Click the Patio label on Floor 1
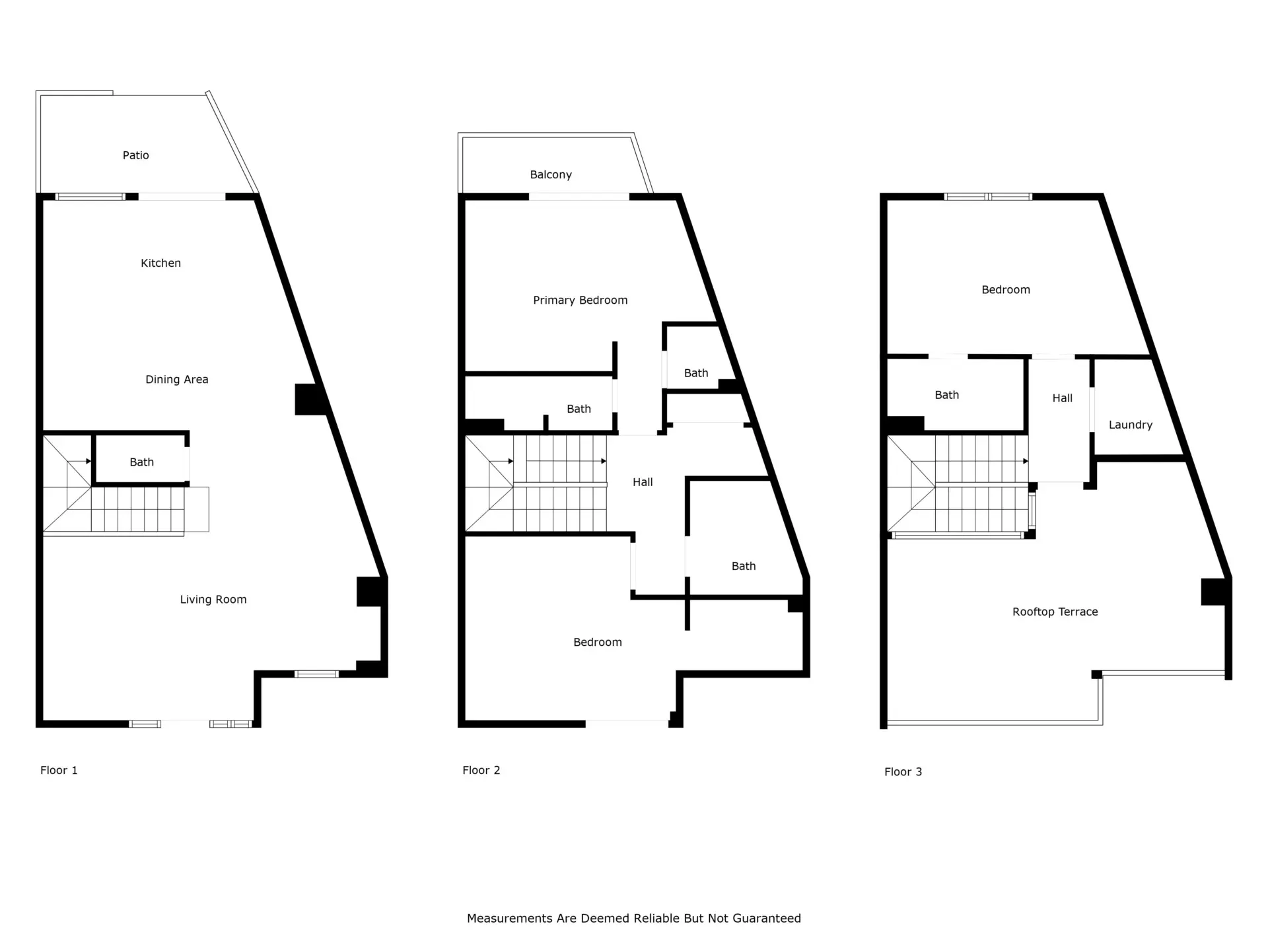136,155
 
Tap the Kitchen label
160,263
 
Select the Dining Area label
177,379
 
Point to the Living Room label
213,600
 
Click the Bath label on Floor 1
141,462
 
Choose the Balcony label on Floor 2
551,175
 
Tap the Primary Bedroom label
581,300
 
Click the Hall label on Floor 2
643,482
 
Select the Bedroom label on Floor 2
598,642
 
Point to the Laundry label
1131,425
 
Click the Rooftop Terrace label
1055,612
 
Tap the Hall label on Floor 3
1063,398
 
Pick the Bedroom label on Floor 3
1006,290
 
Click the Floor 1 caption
59,770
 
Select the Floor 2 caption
481,770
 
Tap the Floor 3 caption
903,771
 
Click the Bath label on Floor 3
947,395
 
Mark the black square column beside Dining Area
309,400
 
